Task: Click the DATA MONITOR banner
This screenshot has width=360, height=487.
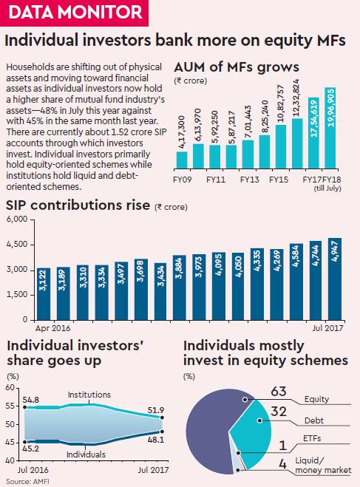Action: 74,13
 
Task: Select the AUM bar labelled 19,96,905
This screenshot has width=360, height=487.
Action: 330,128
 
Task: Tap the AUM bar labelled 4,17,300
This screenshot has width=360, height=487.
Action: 182,160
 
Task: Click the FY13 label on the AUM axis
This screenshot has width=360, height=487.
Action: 249,180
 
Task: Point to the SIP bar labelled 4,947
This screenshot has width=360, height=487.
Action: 335,279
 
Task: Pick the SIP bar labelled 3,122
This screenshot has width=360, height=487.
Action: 44,294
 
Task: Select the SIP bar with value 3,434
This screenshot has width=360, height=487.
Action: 160,291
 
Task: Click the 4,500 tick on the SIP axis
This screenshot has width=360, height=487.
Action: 17,244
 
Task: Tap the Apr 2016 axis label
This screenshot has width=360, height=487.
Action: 52,328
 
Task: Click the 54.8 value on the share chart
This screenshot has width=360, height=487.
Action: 31,400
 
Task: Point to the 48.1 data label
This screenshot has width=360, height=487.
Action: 156,440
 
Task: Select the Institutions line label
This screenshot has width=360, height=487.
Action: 89,395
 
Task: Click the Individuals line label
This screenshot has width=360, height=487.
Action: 86,454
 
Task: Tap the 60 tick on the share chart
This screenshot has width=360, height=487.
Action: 10,388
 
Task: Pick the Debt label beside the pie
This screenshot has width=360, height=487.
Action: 314,420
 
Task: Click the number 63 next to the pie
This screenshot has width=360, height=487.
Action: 279,392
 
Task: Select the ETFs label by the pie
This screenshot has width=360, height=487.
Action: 312,438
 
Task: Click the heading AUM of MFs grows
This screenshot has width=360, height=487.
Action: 237,67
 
